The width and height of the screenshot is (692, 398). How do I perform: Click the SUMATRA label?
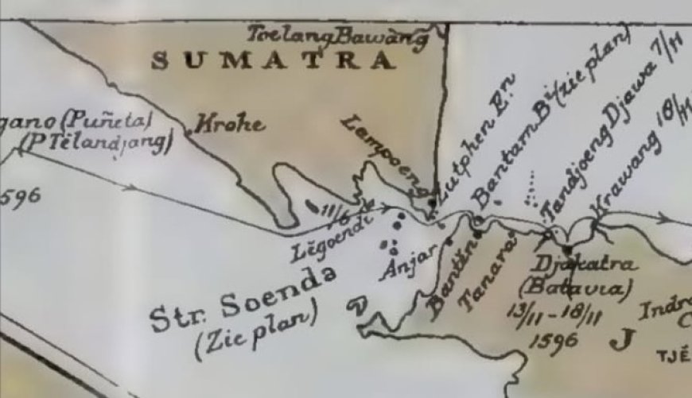(x=273, y=60)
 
